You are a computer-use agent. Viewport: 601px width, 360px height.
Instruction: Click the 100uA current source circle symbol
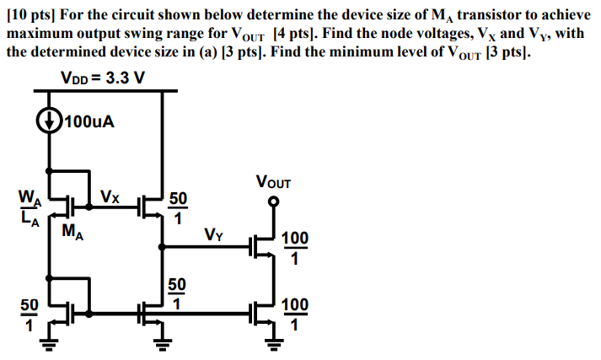(50, 121)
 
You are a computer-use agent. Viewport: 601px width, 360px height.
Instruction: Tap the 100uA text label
(89, 121)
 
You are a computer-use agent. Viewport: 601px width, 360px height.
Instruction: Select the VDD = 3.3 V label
(103, 78)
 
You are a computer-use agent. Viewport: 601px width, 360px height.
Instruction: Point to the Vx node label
(110, 197)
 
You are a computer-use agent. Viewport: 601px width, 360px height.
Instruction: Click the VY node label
(214, 234)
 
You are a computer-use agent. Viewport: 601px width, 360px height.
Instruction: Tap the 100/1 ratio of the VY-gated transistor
(295, 249)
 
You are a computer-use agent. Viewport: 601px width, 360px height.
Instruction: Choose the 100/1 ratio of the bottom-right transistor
(295, 313)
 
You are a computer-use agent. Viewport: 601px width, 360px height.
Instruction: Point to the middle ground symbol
(160, 343)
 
